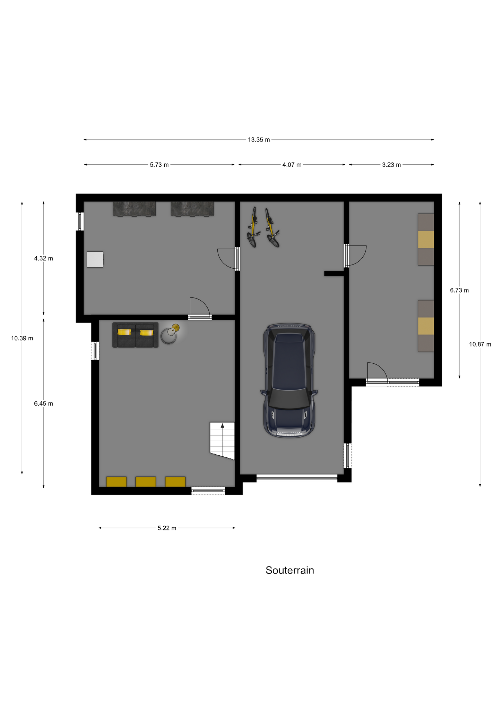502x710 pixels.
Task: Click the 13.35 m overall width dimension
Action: [259, 140]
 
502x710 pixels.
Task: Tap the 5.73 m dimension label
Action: [159, 165]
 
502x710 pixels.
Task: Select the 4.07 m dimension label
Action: [292, 165]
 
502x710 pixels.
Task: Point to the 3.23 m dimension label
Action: [391, 165]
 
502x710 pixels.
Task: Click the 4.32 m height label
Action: [43, 258]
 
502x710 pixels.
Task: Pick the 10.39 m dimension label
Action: [22, 338]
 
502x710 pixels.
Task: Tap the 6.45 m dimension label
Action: [43, 404]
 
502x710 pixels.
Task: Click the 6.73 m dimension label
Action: [459, 291]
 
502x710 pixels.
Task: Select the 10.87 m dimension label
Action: [480, 344]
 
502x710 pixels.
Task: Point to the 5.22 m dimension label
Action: [167, 528]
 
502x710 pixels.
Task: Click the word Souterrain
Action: [290, 570]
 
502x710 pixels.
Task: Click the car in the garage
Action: [289, 380]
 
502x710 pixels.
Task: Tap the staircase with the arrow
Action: [222, 441]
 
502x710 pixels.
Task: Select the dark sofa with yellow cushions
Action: [135, 335]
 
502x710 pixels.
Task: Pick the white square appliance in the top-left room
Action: [95, 259]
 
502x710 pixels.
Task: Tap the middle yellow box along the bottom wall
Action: [146, 482]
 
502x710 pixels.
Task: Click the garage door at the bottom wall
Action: [297, 478]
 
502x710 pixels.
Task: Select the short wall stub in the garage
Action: [334, 274]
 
